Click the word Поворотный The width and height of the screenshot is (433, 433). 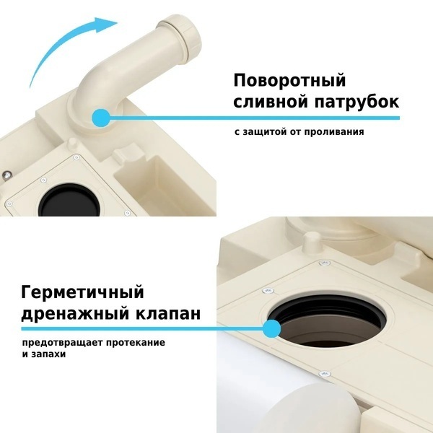[289, 81]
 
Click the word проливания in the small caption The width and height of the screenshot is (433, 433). [334, 132]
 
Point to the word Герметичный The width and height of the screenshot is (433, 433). [82, 293]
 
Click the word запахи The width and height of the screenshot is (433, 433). [48, 354]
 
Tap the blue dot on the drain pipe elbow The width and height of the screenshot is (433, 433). [101, 118]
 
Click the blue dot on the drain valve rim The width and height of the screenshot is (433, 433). [272, 328]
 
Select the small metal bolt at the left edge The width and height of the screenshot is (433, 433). [6, 175]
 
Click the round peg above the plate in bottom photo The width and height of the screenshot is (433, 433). [312, 242]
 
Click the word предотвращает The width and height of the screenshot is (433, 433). [63, 343]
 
